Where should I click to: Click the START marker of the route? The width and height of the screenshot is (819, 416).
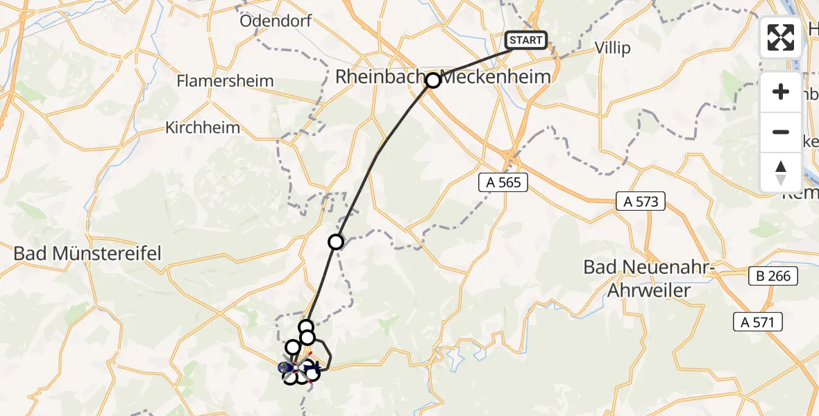(x=525, y=40)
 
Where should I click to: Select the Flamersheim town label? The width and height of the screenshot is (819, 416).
(x=225, y=80)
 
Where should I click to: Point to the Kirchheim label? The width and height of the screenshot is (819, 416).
(x=203, y=128)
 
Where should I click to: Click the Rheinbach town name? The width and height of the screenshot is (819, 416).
(x=379, y=76)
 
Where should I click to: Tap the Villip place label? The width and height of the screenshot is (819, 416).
(x=613, y=48)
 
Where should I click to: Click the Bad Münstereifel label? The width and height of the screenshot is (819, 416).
(x=87, y=253)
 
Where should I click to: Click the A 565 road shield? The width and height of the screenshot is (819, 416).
(x=503, y=182)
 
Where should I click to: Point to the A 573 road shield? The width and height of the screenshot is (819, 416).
(x=641, y=202)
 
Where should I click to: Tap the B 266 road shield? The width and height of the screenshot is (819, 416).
(x=774, y=276)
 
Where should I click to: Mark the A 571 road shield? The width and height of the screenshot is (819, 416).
(x=758, y=321)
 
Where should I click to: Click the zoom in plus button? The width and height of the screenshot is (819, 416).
(x=781, y=92)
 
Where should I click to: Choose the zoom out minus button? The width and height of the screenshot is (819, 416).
(x=781, y=132)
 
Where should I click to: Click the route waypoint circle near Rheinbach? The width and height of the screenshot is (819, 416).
(x=433, y=80)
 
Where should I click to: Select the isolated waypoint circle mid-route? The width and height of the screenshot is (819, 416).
(x=336, y=242)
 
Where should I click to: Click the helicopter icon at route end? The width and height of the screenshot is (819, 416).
(x=312, y=366)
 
